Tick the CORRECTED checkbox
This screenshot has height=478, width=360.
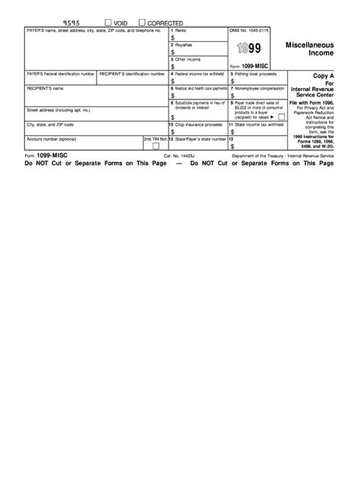pyautogui.click(x=142, y=23)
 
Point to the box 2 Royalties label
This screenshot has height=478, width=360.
pyautogui.click(x=184, y=45)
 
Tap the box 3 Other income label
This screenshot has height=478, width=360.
pyautogui.click(x=187, y=59)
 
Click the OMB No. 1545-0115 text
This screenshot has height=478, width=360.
pyautogui.click(x=249, y=30)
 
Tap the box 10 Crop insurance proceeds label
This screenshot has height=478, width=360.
pyautogui.click(x=195, y=124)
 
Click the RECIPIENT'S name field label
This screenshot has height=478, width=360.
pyautogui.click(x=44, y=89)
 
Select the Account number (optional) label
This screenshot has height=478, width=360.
pyautogui.click(x=51, y=139)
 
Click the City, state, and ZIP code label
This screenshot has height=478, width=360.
pyautogui.click(x=50, y=124)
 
